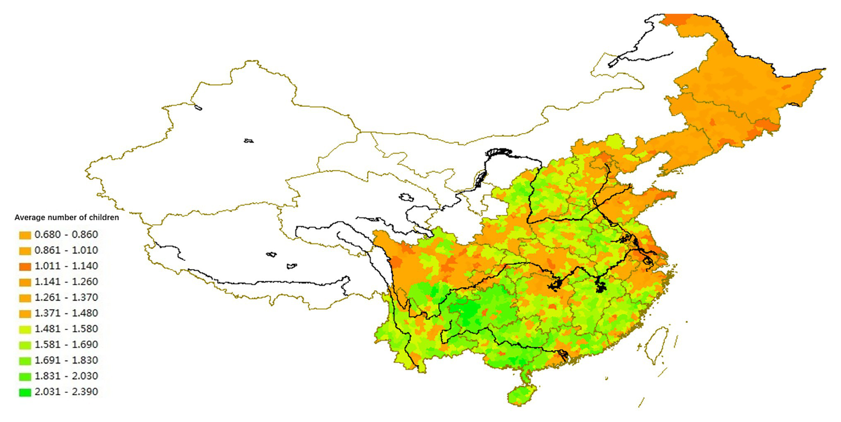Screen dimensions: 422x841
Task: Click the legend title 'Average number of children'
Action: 67,217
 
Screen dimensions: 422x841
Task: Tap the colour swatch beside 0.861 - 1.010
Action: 25,250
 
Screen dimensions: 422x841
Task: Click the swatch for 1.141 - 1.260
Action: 25,282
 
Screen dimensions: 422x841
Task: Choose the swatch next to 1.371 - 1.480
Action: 25,313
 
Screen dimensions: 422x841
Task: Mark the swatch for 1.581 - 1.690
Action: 25,345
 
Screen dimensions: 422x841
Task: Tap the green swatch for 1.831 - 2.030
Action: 25,377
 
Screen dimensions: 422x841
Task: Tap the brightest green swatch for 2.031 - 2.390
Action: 25,392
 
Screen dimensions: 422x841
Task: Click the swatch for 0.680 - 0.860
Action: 25,235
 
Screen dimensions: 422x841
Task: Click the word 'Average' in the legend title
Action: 29,217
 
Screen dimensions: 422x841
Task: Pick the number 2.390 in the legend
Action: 84,392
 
